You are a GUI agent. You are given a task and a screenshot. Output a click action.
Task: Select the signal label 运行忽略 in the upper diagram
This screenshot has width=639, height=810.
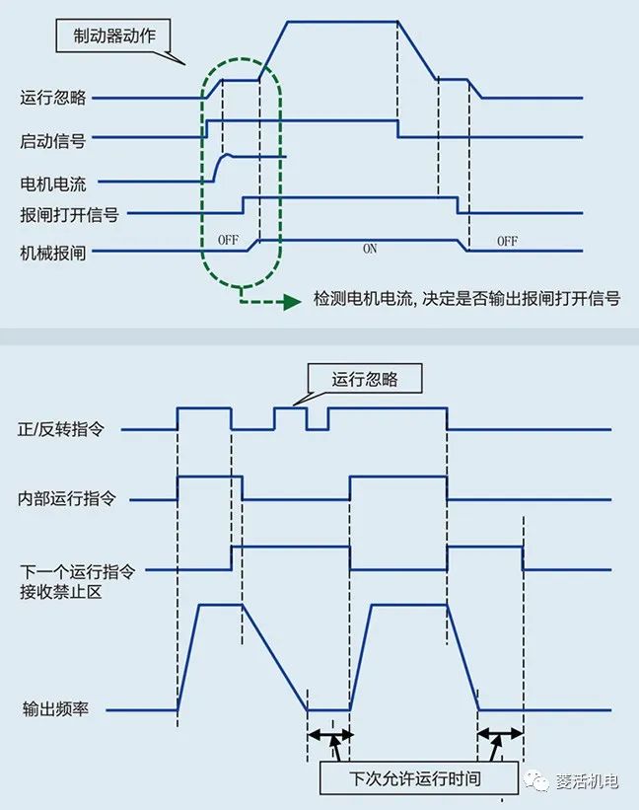point(53,98)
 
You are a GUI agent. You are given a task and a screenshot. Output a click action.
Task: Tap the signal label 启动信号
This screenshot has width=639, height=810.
point(53,141)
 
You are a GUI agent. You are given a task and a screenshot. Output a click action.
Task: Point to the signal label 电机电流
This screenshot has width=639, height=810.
point(53,184)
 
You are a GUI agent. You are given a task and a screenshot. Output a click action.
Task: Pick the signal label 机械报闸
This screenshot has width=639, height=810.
point(53,253)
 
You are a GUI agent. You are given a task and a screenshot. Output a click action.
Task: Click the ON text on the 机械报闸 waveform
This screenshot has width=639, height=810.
point(370,249)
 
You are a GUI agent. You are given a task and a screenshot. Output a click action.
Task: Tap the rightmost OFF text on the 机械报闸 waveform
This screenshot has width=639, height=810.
point(507,242)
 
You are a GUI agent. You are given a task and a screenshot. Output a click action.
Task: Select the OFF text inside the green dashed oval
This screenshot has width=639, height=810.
point(227,240)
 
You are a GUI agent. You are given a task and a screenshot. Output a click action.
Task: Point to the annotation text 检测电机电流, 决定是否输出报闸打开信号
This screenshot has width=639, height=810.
point(465,299)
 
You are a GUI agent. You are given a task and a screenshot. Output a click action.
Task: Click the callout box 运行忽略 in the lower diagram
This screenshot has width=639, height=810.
point(364,378)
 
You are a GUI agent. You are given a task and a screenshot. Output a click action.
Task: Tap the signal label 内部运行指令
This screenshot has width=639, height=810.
point(68,498)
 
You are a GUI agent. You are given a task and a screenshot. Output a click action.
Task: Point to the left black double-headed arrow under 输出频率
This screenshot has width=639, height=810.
point(328,735)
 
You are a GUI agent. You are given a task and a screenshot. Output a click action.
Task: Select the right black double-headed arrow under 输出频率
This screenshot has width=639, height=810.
point(500,735)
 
